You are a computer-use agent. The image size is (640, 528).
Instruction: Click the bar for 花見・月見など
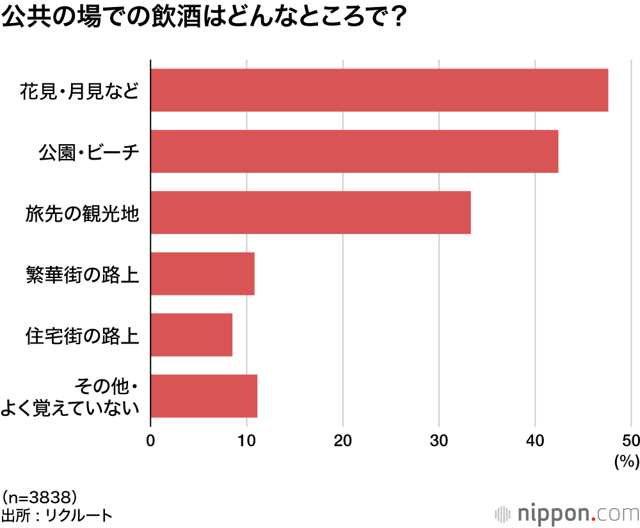click(379, 90)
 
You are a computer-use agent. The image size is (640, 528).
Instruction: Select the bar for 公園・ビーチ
click(354, 151)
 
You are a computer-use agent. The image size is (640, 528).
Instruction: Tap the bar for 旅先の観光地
click(310, 212)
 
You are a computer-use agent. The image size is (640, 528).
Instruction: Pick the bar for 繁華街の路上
click(202, 274)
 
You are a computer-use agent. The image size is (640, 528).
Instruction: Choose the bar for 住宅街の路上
click(191, 334)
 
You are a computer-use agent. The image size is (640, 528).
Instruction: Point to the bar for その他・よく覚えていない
click(204, 396)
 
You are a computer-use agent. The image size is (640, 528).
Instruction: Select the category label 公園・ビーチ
click(88, 152)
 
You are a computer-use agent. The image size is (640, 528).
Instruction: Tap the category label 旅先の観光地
click(82, 213)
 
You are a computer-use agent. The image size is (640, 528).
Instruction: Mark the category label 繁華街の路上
click(82, 274)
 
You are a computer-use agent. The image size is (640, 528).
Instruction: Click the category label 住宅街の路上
click(82, 335)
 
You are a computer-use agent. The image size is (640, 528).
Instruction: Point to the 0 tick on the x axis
click(150, 440)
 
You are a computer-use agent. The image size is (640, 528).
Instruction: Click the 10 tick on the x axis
click(246, 440)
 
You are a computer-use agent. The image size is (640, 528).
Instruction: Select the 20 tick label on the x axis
click(343, 440)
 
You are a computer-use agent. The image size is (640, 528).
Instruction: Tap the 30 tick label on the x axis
click(439, 440)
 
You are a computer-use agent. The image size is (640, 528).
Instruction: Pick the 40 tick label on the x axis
click(535, 440)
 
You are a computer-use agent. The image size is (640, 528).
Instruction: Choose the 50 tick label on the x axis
click(630, 440)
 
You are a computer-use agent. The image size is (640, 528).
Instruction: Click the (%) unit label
click(627, 461)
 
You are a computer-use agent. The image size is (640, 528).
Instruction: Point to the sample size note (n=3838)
click(40, 497)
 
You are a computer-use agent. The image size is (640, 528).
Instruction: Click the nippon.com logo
click(567, 513)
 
